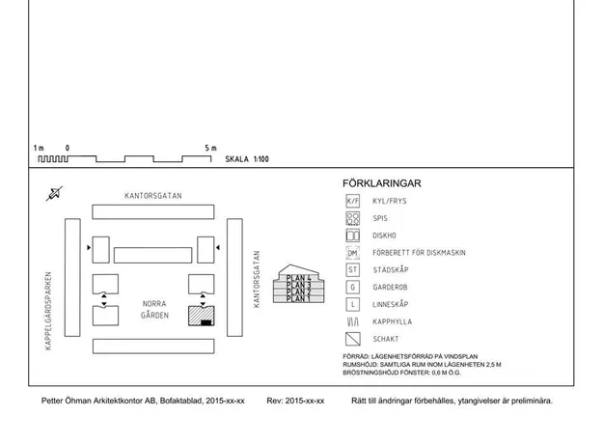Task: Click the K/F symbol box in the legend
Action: click(x=353, y=201)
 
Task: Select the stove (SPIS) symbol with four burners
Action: click(x=353, y=218)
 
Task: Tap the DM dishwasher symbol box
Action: click(x=353, y=253)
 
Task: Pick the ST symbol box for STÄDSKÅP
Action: click(x=353, y=269)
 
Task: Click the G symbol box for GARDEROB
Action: click(x=353, y=287)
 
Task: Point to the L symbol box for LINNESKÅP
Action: click(x=353, y=304)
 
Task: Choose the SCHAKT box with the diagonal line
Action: click(x=353, y=339)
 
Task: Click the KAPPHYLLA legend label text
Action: click(x=392, y=321)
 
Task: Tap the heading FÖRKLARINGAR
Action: click(x=382, y=183)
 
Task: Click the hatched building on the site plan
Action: click(x=201, y=316)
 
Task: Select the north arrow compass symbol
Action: click(x=54, y=194)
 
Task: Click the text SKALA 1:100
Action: click(x=247, y=159)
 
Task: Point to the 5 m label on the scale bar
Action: click(x=210, y=148)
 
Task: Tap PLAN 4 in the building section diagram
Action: click(x=298, y=278)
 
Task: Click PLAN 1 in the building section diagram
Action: click(x=298, y=298)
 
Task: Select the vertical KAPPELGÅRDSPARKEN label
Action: click(x=48, y=311)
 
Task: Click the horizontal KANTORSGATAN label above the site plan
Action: click(x=153, y=196)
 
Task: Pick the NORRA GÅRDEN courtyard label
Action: click(x=154, y=309)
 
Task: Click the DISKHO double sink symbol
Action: click(x=353, y=236)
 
